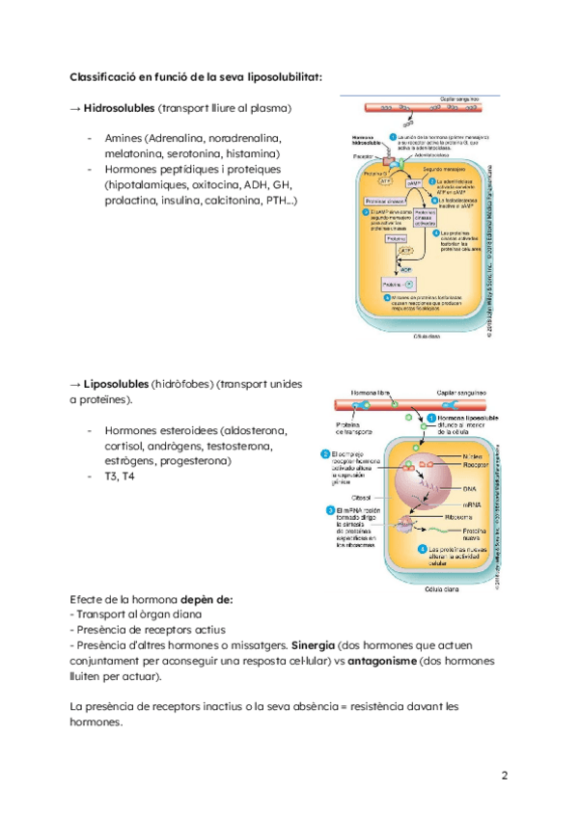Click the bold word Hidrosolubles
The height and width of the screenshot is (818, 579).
tap(120, 107)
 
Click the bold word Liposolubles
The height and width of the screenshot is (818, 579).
tap(118, 383)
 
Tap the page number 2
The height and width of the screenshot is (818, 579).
tap(505, 776)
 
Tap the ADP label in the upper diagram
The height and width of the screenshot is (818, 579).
tap(406, 269)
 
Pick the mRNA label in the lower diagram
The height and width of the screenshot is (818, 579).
tap(445, 504)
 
